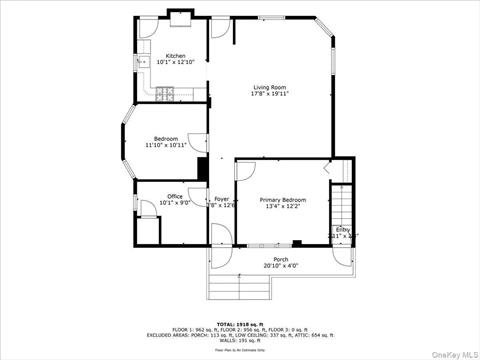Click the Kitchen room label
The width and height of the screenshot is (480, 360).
(175, 56)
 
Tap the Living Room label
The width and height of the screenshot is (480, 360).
(271, 87)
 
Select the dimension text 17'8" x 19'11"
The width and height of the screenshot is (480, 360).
(271, 94)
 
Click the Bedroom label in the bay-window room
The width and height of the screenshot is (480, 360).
(166, 138)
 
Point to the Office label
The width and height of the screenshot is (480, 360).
(175, 196)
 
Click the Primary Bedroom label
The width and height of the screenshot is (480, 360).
(283, 200)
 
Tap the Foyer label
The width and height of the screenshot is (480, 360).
(222, 199)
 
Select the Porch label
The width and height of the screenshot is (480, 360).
(280, 260)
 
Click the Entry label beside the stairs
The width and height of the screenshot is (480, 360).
(343, 229)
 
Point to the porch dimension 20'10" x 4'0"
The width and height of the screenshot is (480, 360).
(280, 267)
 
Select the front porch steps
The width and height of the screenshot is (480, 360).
(241, 287)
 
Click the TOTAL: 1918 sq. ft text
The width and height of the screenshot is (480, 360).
(239, 324)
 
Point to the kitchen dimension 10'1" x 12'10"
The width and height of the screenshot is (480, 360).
(175, 63)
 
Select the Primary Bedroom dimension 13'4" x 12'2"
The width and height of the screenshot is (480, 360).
(283, 207)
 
